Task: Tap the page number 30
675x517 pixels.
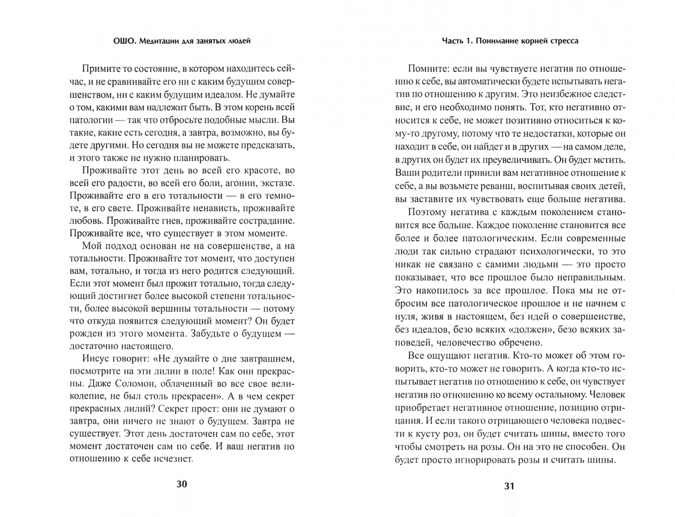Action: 182,484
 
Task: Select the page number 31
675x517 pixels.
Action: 509,486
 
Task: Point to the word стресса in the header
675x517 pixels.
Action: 562,41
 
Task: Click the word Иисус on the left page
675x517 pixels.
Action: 97,359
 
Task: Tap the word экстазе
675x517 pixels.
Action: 277,183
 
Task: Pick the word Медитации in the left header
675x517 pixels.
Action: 159,41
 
